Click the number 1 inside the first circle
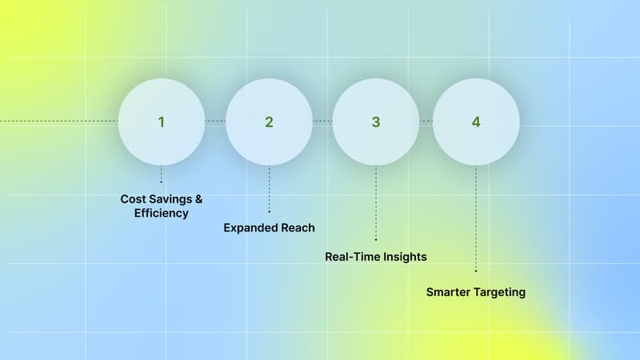[161, 122]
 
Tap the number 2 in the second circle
[269, 122]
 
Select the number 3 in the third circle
[376, 122]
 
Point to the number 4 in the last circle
[476, 122]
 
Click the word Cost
[134, 198]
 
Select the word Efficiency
[161, 214]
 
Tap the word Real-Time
[353, 257]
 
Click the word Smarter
[449, 292]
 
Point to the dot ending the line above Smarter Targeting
[476, 271]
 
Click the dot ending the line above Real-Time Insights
[376, 238]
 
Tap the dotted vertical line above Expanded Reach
[269, 188]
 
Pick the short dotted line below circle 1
[161, 174]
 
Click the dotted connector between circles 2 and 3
[322, 121]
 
